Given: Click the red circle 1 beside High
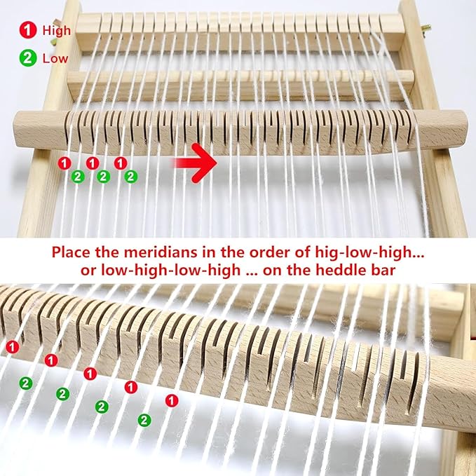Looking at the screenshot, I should point(27,30).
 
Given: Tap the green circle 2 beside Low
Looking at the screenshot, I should point(27,58).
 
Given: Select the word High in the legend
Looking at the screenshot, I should point(56,30).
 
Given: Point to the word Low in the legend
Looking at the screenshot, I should point(55,58).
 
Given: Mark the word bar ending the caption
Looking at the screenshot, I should point(394,271).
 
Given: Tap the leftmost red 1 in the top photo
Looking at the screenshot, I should point(64,163).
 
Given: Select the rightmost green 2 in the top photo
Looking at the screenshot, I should point(130,176).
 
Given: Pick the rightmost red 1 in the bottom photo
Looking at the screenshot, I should point(171,400).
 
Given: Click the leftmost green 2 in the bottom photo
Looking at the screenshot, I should point(25,382).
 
